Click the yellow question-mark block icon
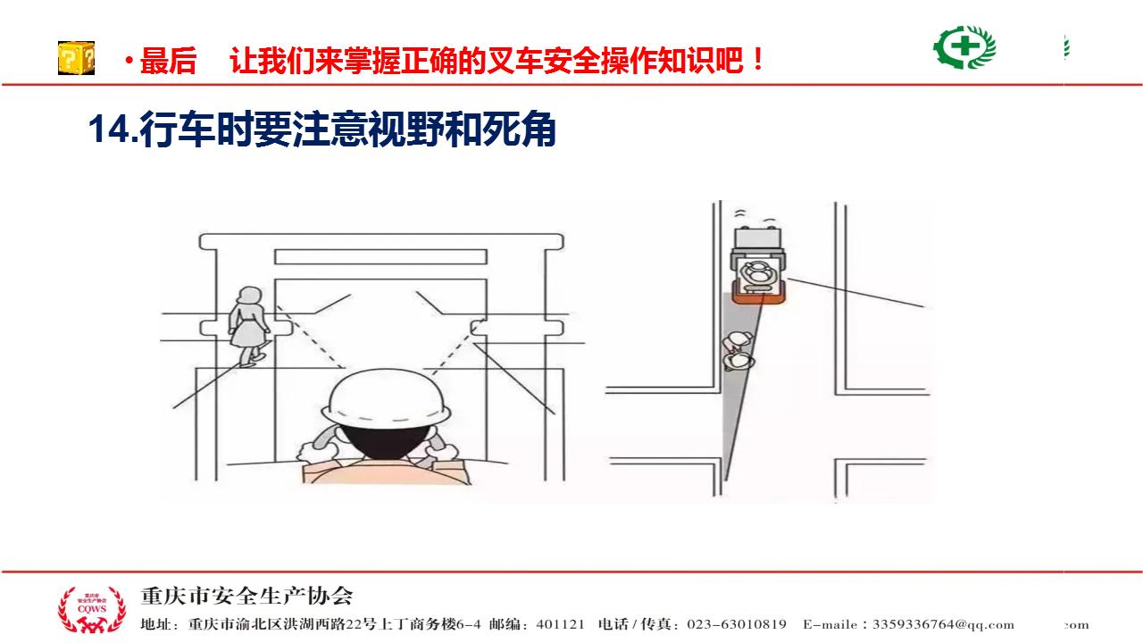pos(76,58)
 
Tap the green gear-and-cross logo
pos(964,47)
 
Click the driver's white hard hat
pos(388,399)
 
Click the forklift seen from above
pos(758,266)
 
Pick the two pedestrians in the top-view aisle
pos(738,351)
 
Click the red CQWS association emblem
pos(92,609)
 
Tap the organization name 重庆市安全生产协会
pos(246,596)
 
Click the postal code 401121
pos(560,624)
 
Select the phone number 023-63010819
pos(737,624)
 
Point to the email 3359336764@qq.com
pos(943,624)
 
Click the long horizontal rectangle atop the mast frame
pos(380,256)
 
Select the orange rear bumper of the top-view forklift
pos(757,298)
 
